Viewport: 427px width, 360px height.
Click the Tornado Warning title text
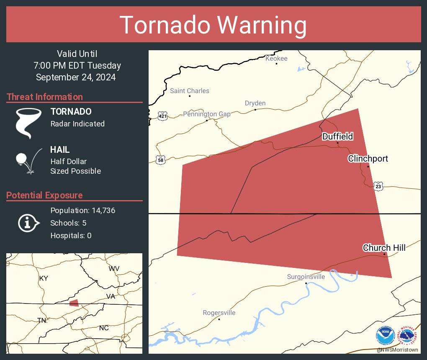tap(213, 25)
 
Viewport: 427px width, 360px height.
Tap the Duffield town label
tap(337, 136)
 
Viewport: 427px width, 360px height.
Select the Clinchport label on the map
tap(368, 159)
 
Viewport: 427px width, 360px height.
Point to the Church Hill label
tap(384, 248)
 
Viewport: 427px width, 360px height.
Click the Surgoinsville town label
tap(306, 277)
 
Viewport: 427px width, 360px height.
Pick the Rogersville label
tap(219, 313)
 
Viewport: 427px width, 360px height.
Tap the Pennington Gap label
tap(207, 114)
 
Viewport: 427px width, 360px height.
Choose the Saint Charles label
tap(189, 91)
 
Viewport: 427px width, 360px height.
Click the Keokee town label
tap(276, 59)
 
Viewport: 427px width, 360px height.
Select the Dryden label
tap(255, 103)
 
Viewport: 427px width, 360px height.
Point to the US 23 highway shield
tap(378, 186)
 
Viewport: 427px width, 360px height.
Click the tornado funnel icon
tap(28, 123)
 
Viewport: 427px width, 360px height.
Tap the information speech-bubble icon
tap(28, 223)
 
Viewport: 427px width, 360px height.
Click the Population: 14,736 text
tap(82, 210)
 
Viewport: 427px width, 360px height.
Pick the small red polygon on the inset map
tap(74, 303)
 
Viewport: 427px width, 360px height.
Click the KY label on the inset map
tap(44, 278)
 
